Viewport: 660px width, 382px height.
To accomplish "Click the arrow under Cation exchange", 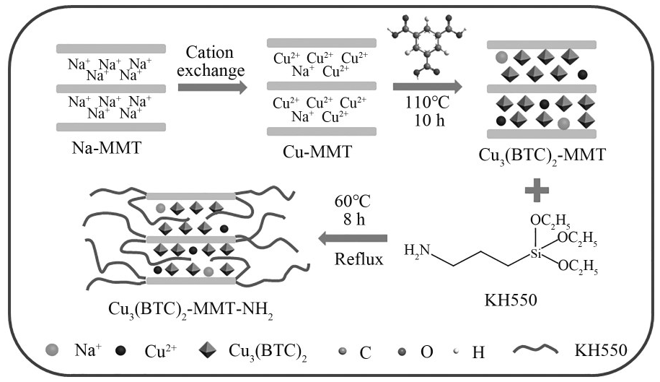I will (x=210, y=87).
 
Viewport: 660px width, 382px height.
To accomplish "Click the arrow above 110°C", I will (x=427, y=87).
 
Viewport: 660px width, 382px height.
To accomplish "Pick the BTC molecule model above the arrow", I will (x=427, y=49).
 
